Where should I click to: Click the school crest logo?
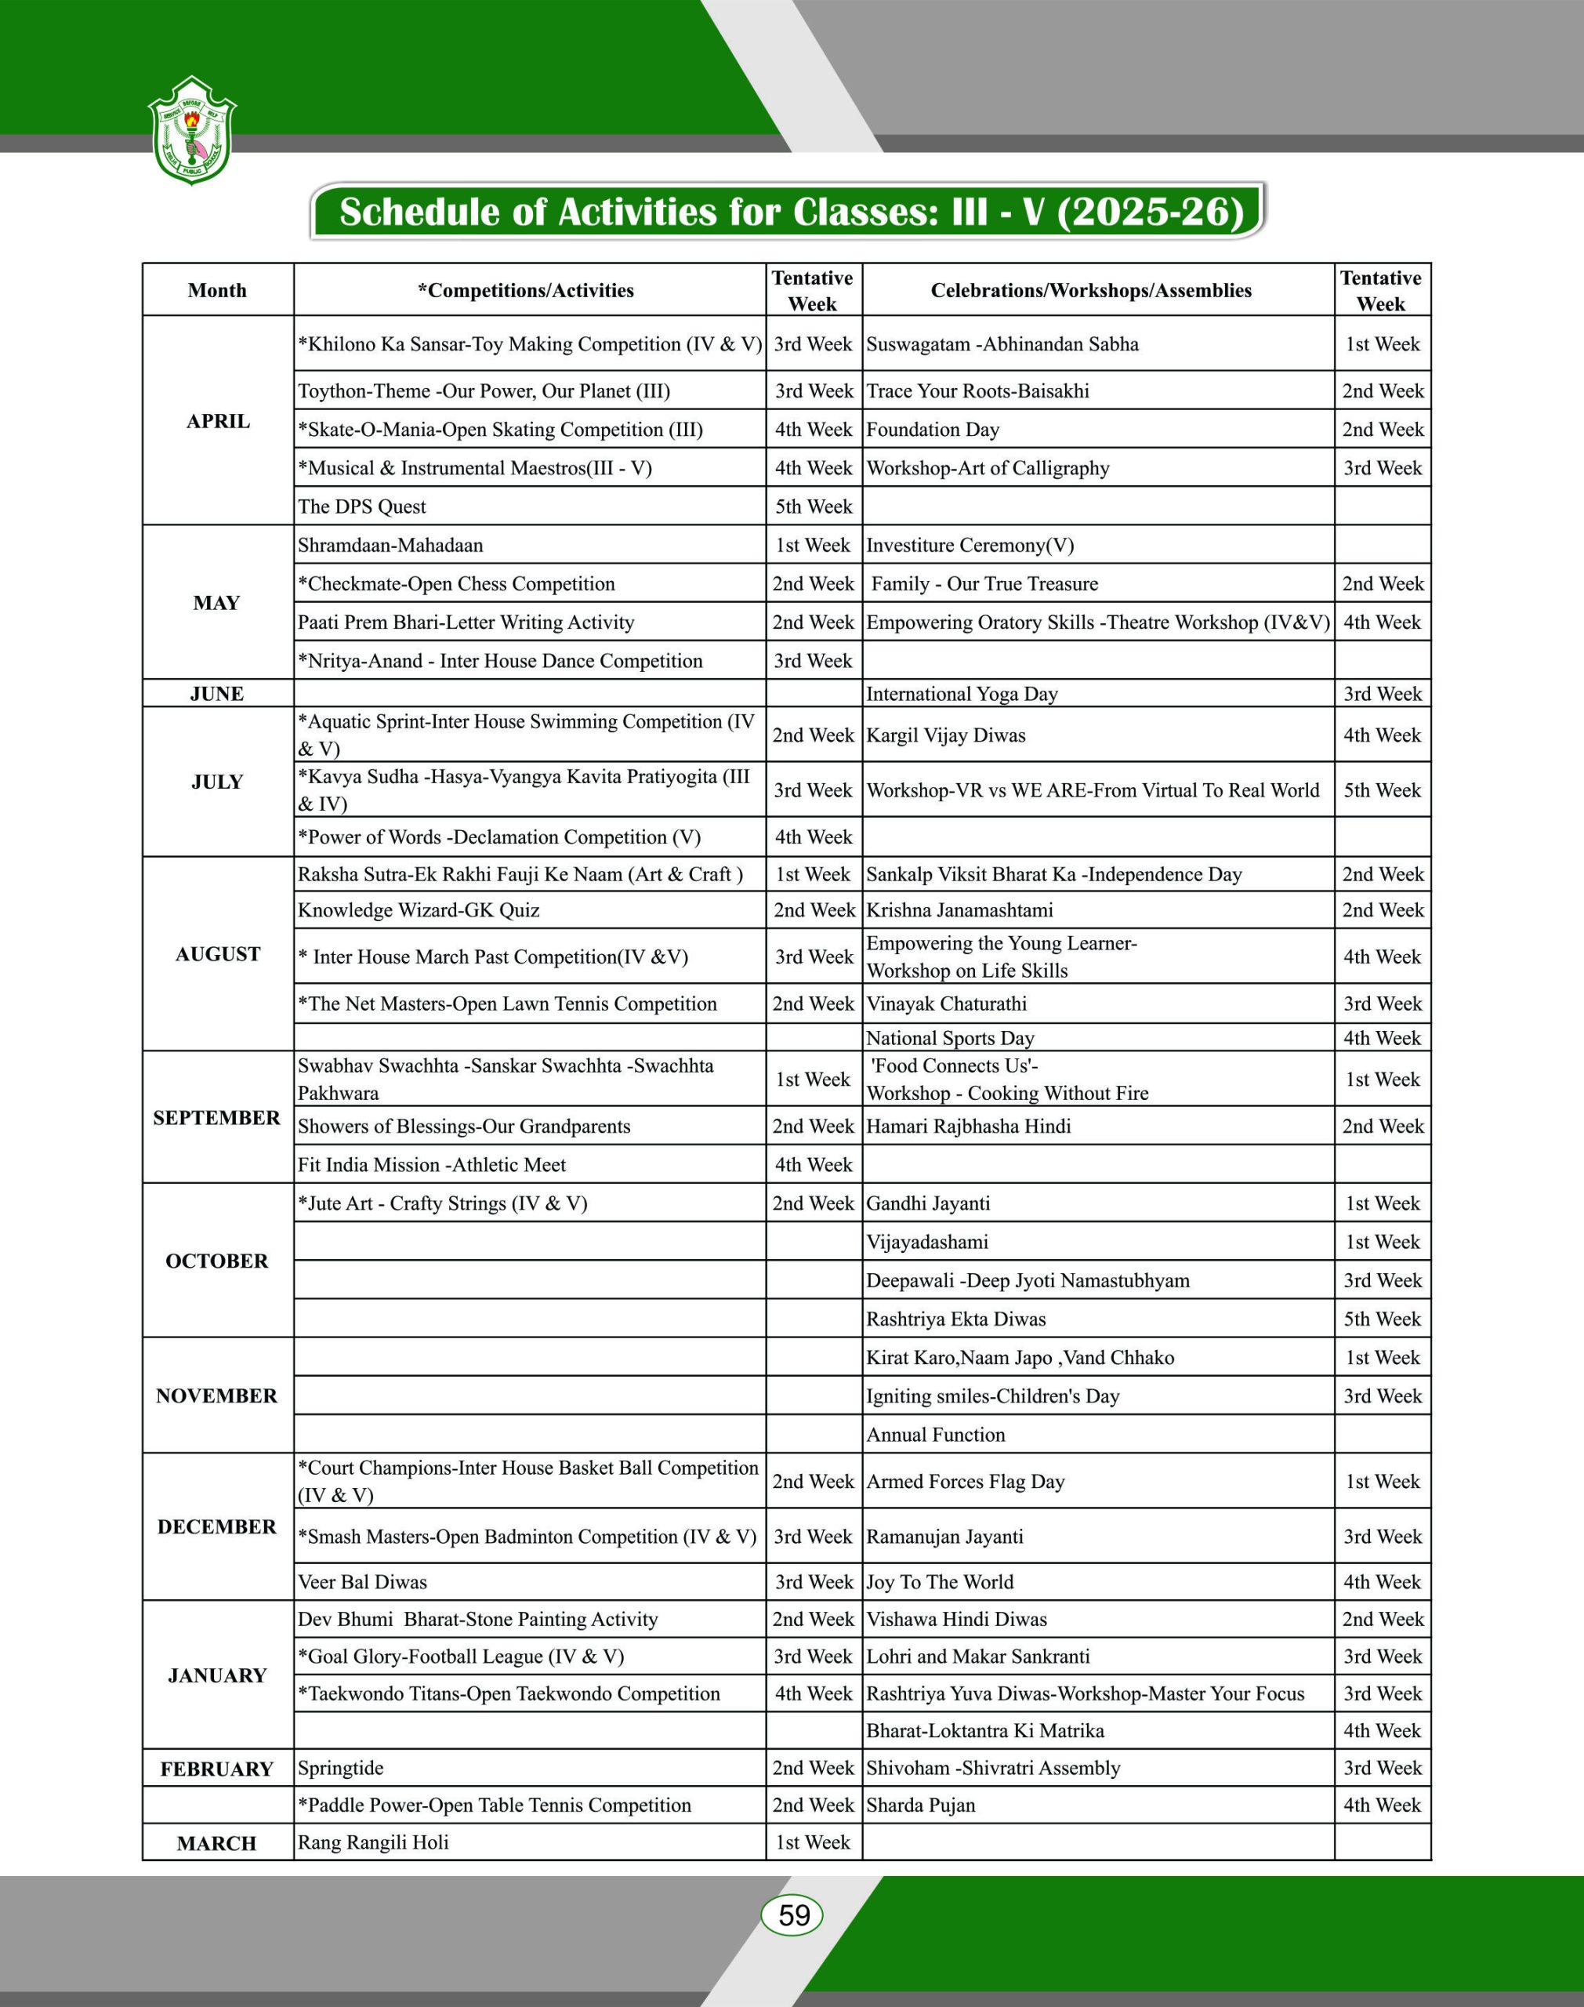pos(192,131)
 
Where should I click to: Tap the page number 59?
pos(793,1915)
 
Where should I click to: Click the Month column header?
pos(217,290)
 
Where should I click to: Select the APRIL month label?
pos(218,421)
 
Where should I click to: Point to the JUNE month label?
pos(217,694)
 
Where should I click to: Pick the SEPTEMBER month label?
pos(217,1118)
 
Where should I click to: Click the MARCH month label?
pos(217,1843)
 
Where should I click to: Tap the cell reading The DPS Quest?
pos(361,506)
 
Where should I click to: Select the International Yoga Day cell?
pos(962,694)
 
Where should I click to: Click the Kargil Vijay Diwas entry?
pos(946,735)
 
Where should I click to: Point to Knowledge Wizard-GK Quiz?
pos(419,910)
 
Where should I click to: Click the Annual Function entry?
pos(936,1435)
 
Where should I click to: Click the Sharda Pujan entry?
pos(921,1805)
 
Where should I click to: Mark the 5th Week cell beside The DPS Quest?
pos(814,506)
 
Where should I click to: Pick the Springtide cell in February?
pos(340,1768)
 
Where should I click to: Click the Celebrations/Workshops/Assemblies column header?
pos(1091,290)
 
